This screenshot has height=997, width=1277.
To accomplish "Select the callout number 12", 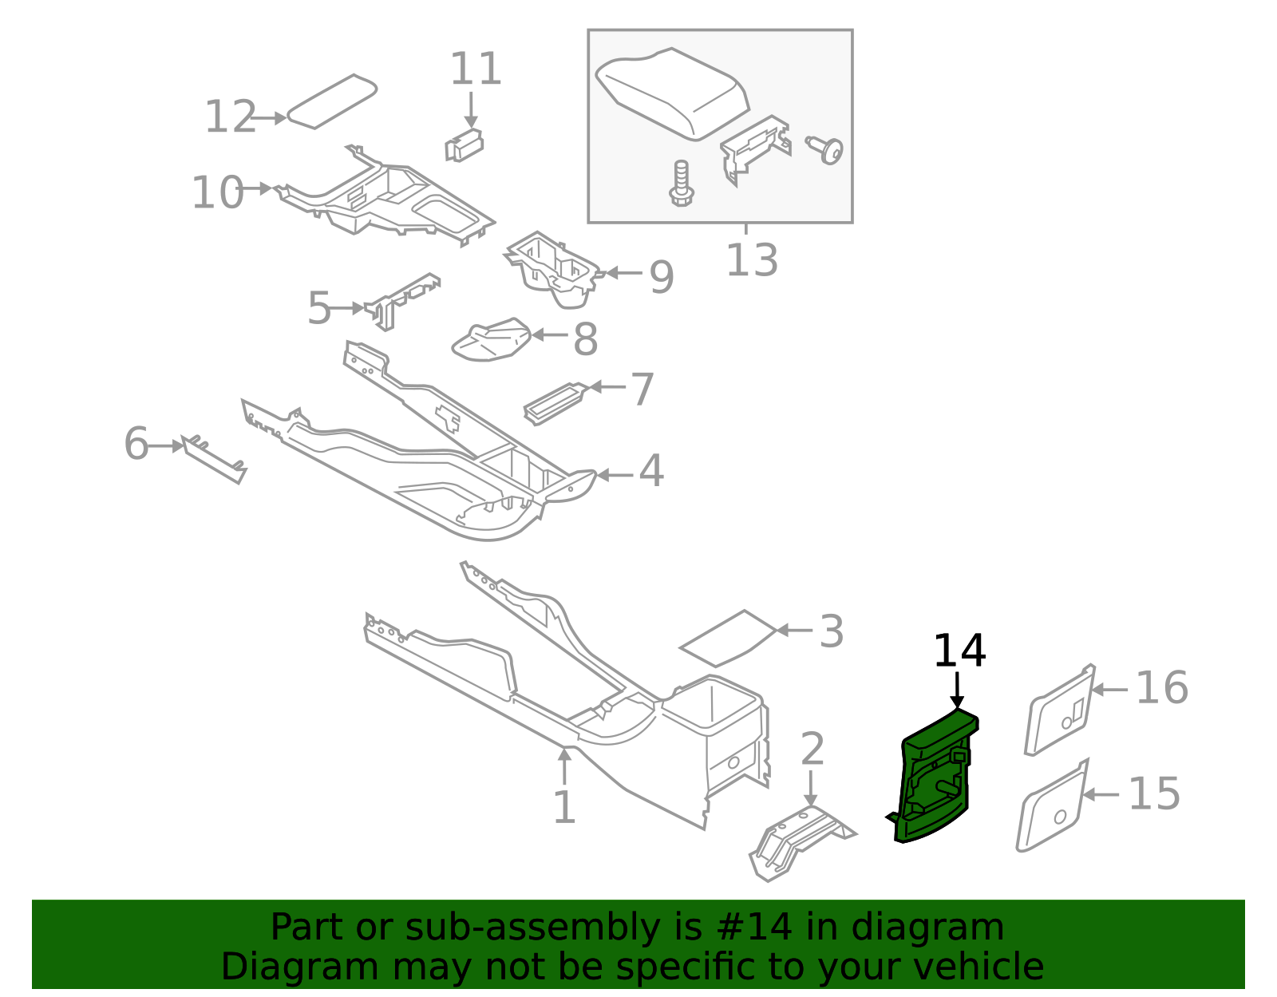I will click(230, 117).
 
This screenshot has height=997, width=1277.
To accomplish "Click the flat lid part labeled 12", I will click(331, 101).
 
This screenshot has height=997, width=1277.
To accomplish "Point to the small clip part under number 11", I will click(464, 146).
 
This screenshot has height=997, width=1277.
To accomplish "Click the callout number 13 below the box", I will click(751, 260).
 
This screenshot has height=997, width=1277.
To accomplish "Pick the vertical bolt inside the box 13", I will click(681, 184).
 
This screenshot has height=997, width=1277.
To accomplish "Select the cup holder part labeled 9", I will click(554, 270).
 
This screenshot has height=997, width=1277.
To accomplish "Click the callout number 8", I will click(585, 339).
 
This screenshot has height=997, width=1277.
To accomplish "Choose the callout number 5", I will click(318, 308).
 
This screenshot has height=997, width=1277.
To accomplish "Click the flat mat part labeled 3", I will click(727, 639).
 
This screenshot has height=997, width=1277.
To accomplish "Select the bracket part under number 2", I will click(798, 841).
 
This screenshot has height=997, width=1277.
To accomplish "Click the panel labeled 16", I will click(1060, 710).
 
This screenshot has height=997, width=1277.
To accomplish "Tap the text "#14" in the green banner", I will click(754, 928).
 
